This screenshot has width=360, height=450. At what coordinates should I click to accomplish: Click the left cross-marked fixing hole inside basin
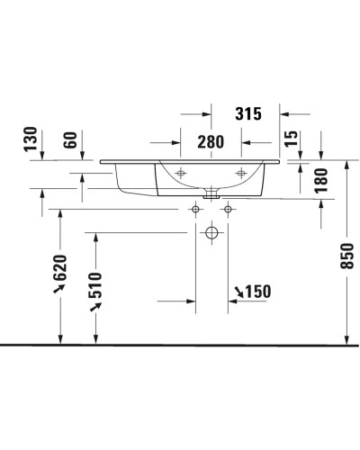(x=181, y=172)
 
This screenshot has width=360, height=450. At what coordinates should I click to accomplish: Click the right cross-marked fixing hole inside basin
(x=240, y=172)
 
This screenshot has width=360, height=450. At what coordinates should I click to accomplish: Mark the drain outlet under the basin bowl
(x=211, y=192)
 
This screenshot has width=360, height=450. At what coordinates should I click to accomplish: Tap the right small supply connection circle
(x=228, y=210)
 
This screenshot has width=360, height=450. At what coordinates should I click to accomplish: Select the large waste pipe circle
(x=211, y=232)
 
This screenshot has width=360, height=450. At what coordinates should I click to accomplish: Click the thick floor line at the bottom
(x=180, y=345)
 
